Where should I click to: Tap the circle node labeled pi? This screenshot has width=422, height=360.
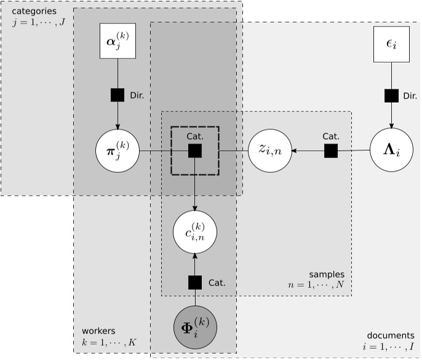(x=117, y=150)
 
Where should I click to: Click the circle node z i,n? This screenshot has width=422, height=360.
(x=269, y=150)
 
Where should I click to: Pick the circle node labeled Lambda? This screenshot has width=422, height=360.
(x=392, y=150)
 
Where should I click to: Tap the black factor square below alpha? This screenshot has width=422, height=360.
(x=117, y=95)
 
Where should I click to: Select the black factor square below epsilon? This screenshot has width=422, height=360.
(x=392, y=95)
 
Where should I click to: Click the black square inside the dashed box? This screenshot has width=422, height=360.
(x=195, y=150)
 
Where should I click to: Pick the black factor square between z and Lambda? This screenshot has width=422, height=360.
(x=331, y=150)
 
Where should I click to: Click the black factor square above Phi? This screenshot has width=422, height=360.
(x=195, y=282)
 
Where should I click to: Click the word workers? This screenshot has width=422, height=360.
(x=98, y=330)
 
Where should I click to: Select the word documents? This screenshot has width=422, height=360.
(x=391, y=335)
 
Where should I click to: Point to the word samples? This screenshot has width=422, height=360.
(x=327, y=274)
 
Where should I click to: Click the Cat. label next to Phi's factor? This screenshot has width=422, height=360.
(x=217, y=283)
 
